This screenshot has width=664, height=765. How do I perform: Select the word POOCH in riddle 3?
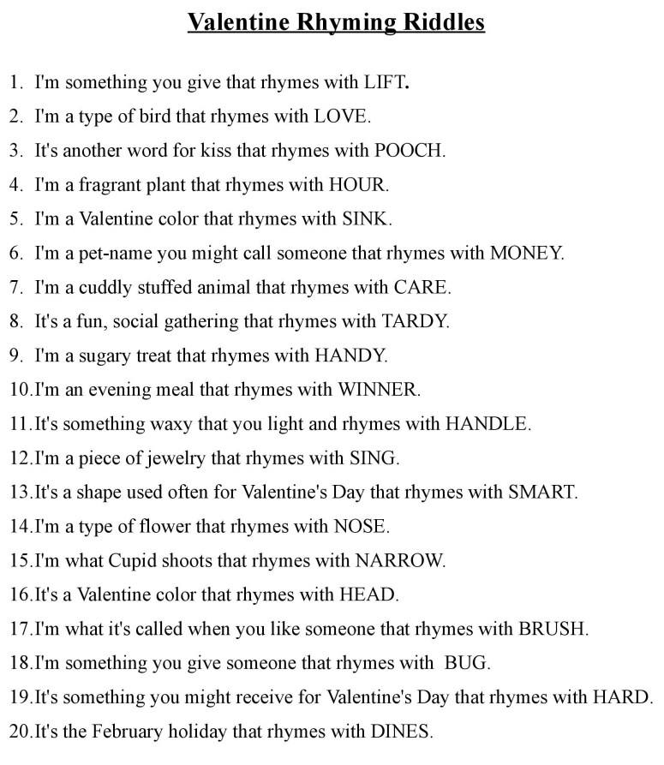pyautogui.click(x=410, y=151)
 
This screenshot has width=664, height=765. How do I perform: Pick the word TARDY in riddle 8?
pyautogui.click(x=421, y=322)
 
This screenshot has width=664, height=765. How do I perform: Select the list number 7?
pyautogui.click(x=15, y=288)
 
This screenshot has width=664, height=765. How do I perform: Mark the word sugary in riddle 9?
pyautogui.click(x=111, y=356)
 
